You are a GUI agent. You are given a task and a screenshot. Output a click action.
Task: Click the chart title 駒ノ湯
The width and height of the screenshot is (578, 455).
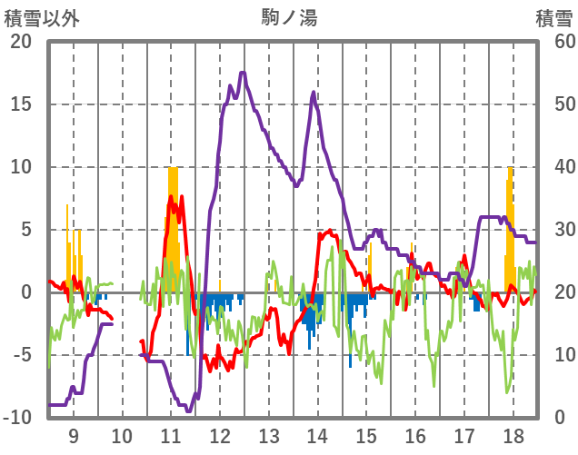point(289,16)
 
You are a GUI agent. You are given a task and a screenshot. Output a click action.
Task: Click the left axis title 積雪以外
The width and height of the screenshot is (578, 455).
point(37,16)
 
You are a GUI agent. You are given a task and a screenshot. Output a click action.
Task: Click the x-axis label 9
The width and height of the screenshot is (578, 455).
point(74,435)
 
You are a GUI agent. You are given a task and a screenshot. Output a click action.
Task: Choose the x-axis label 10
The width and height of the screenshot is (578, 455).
point(123,435)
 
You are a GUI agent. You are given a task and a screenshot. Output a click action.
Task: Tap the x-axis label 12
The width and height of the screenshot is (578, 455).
point(220,435)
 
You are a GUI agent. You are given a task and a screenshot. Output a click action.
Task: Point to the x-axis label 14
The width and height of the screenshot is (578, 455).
point(318,435)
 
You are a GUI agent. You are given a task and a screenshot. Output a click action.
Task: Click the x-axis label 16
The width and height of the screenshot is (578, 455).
point(415,435)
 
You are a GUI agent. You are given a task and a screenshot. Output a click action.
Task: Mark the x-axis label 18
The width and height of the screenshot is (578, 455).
point(513,435)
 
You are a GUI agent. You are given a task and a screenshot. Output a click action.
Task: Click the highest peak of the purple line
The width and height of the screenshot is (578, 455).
point(242,73)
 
